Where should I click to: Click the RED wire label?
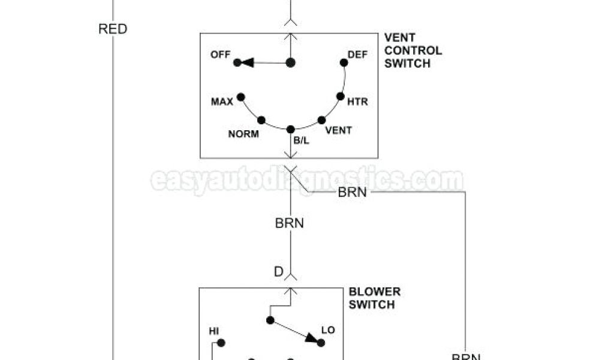113,29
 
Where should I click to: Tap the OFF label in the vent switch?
220,55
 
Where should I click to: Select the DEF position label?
357,55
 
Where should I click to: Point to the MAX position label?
222,102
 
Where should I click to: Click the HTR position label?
357,102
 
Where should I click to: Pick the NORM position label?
243,134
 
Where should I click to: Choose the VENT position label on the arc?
338,130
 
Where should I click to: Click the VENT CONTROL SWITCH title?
413,51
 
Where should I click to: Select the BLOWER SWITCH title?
375,298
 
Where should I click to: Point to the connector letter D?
278,272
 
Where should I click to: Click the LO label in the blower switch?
328,331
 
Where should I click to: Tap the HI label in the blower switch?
213,331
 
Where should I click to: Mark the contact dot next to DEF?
344,62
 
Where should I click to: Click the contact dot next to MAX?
241,97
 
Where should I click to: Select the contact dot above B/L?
291,129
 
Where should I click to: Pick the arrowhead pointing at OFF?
246,62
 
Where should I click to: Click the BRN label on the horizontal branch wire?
353,193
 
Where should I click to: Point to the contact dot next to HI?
221,343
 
